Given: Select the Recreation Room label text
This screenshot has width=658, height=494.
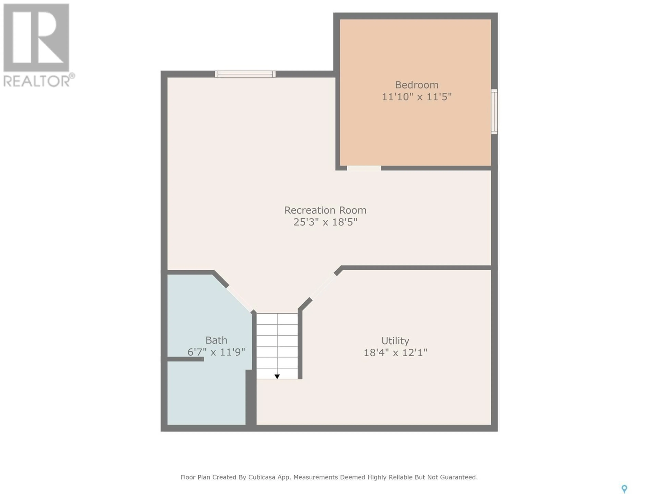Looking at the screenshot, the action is pos(325,210).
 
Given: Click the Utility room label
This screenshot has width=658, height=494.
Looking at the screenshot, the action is pos(395,341).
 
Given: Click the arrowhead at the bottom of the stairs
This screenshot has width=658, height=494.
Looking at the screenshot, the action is pos(277,377).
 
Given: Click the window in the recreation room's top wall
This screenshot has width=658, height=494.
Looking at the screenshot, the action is pos(245,74).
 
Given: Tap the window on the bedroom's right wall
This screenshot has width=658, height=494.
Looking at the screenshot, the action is pos(494,112).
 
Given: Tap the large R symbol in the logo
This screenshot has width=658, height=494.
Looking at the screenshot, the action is pos(36,38).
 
